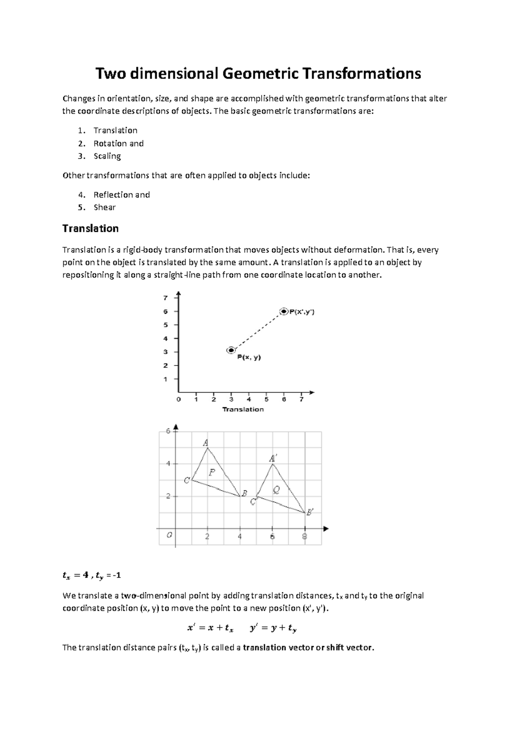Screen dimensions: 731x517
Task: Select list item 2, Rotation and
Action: [x=118, y=144]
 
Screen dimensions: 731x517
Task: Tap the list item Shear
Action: [x=105, y=207]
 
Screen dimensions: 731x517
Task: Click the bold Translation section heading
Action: [x=90, y=228]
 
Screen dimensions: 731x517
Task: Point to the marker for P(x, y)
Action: [x=231, y=350]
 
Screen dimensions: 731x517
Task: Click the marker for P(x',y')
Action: [x=284, y=311]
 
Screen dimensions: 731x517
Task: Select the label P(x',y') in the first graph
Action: [x=302, y=312]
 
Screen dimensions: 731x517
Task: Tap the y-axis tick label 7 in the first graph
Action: [x=165, y=297]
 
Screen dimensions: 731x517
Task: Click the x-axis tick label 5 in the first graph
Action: [x=266, y=399]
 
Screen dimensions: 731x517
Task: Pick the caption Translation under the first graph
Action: [x=243, y=409]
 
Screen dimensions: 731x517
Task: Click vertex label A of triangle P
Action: [x=206, y=443]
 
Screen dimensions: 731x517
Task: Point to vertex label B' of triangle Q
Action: [x=309, y=512]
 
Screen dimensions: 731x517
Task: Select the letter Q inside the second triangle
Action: [x=276, y=490]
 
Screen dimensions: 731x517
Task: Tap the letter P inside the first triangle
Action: [x=212, y=472]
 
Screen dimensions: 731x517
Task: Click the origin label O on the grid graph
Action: [x=169, y=535]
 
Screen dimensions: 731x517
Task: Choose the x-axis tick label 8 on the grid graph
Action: [x=305, y=537]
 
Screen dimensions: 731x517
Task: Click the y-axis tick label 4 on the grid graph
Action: [x=168, y=464]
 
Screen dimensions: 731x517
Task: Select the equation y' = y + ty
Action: [x=273, y=628]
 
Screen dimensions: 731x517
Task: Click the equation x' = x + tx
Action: [x=210, y=628]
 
